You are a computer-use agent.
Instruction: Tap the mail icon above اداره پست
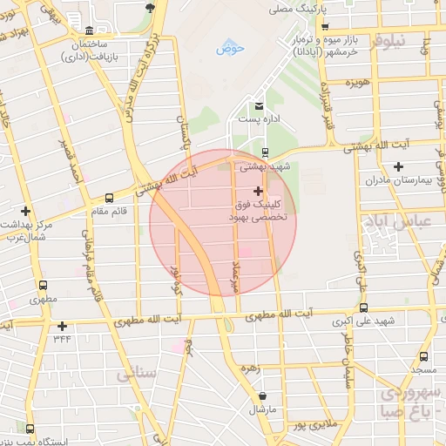(258, 105)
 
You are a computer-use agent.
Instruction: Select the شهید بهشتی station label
(267, 164)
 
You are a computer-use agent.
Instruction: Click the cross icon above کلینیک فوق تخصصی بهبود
(257, 191)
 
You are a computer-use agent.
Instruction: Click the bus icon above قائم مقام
(108, 198)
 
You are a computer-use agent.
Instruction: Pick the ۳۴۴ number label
(62, 337)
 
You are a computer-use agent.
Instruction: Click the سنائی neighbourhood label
(135, 375)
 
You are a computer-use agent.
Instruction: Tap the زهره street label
(251, 368)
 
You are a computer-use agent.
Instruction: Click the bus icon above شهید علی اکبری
(363, 307)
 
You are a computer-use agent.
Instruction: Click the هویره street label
(356, 82)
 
